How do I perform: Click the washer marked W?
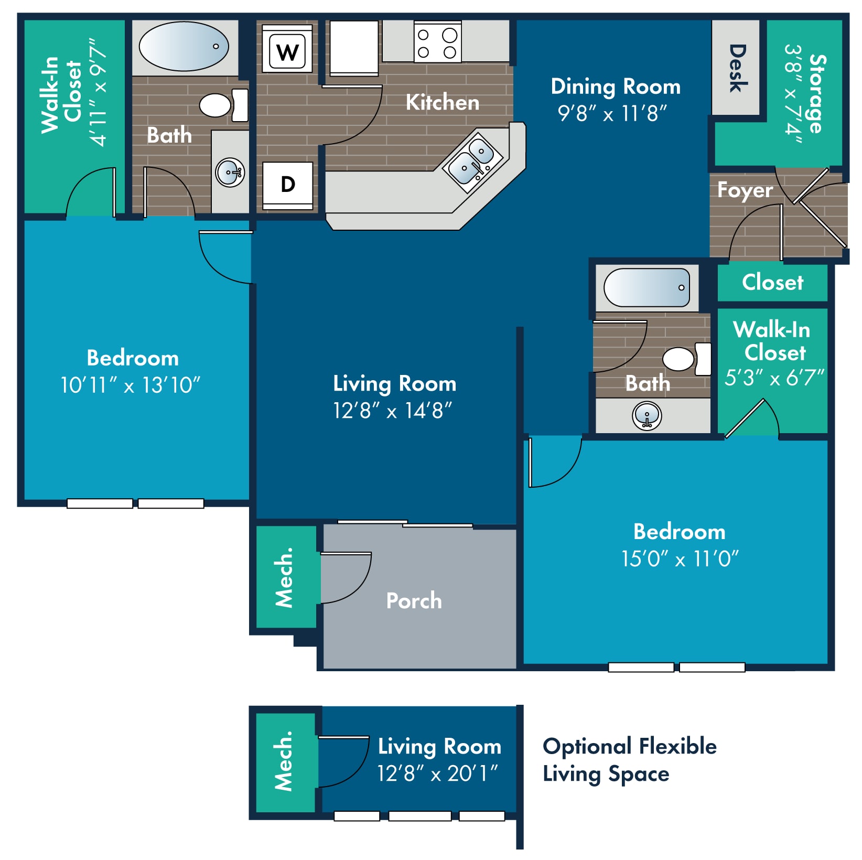(287, 50)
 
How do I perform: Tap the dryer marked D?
(287, 186)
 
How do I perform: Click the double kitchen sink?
(473, 159)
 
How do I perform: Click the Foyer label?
(745, 190)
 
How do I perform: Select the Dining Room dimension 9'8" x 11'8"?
(612, 113)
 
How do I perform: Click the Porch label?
(414, 600)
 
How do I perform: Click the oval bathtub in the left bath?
(184, 46)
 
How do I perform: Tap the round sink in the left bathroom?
(230, 172)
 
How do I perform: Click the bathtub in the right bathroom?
(646, 287)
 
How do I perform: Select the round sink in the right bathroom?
(647, 416)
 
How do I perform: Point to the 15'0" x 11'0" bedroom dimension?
(680, 559)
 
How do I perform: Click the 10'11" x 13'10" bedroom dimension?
(131, 385)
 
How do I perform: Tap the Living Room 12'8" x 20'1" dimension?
(437, 773)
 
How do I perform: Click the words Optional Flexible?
(630, 746)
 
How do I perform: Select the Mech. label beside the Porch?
(284, 577)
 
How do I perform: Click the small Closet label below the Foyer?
(772, 282)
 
